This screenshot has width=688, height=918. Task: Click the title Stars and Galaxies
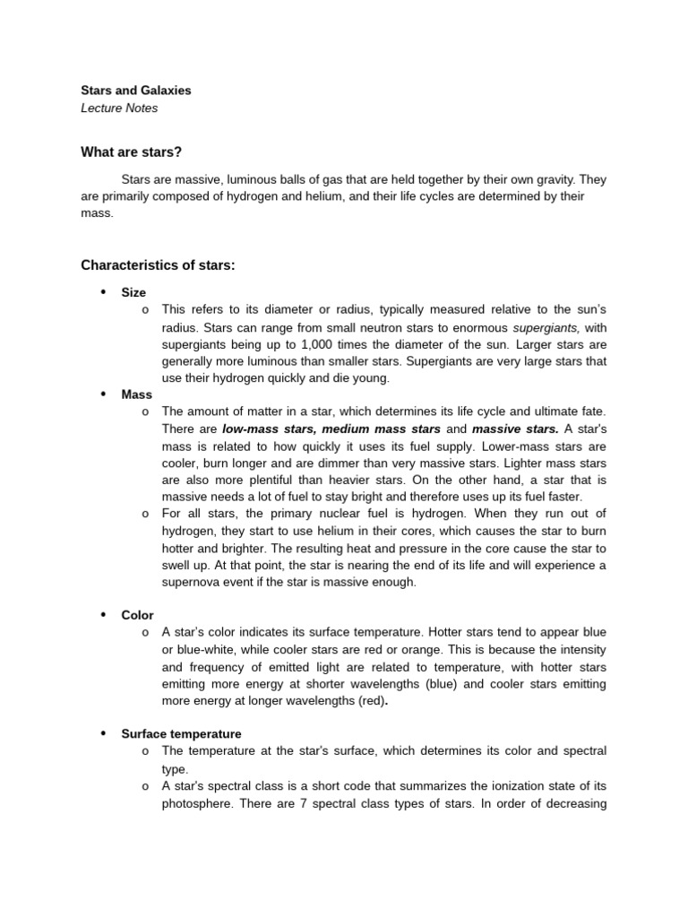point(135,91)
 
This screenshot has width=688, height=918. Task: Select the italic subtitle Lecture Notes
point(119,108)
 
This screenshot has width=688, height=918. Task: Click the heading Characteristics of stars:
point(158,264)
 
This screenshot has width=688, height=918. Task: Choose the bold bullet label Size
point(133,292)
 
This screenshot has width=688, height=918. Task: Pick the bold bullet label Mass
point(137,394)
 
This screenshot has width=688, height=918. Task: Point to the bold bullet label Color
point(138,615)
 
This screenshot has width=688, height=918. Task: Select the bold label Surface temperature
point(182,733)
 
